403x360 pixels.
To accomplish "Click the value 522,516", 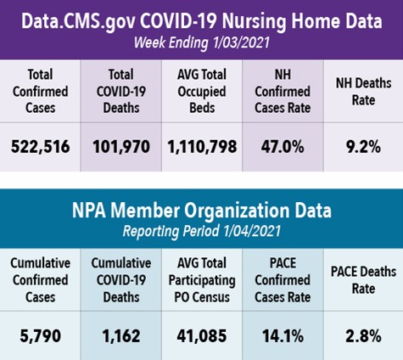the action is tap(40, 147).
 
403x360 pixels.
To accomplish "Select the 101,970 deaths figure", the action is tap(121, 147).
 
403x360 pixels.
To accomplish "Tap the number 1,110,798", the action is tap(202, 147).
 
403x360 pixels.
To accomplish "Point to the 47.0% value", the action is tap(283, 147).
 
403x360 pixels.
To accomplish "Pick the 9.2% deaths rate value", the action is tap(363, 147).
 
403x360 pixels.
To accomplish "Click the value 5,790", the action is tap(40, 336).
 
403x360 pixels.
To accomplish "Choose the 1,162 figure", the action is tap(121, 336).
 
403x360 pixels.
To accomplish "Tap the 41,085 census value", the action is tap(202, 336).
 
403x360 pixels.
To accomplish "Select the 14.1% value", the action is tap(283, 336).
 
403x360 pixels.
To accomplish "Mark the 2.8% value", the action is tap(363, 336).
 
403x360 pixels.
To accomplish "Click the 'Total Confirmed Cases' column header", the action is tap(40, 91).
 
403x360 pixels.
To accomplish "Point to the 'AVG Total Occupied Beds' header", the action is tap(202, 91).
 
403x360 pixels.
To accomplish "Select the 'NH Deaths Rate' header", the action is tap(363, 92).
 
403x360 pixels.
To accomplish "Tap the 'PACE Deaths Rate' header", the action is tap(363, 280).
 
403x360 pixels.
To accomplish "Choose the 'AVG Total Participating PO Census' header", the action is tap(202, 280).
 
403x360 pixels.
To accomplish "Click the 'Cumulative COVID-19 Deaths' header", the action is tap(121, 280).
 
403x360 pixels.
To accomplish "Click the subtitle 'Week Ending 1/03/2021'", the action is tap(202, 42).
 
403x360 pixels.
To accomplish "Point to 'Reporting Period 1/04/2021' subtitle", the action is tap(202, 231).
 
